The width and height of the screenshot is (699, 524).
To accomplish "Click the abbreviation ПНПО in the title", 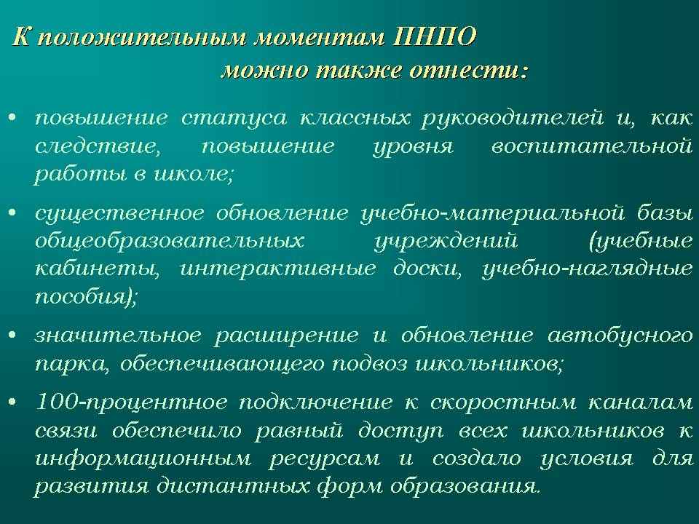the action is [x=435, y=36].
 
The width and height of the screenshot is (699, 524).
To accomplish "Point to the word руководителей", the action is [x=513, y=119].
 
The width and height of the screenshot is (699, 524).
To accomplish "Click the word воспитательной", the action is [x=592, y=147].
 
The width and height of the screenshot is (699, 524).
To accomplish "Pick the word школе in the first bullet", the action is [x=192, y=174].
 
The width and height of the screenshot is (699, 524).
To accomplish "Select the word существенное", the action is [x=119, y=214].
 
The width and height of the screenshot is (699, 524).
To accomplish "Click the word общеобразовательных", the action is [x=170, y=242].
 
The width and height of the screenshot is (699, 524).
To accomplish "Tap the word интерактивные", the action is [x=277, y=269].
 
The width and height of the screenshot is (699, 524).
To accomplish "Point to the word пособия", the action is [x=81, y=297].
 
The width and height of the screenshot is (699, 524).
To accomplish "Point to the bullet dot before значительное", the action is [x=12, y=335].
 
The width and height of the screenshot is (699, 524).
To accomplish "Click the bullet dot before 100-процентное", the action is [x=12, y=402].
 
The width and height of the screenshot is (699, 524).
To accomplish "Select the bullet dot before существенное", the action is [x=12, y=213].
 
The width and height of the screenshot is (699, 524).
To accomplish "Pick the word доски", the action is [x=427, y=269].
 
